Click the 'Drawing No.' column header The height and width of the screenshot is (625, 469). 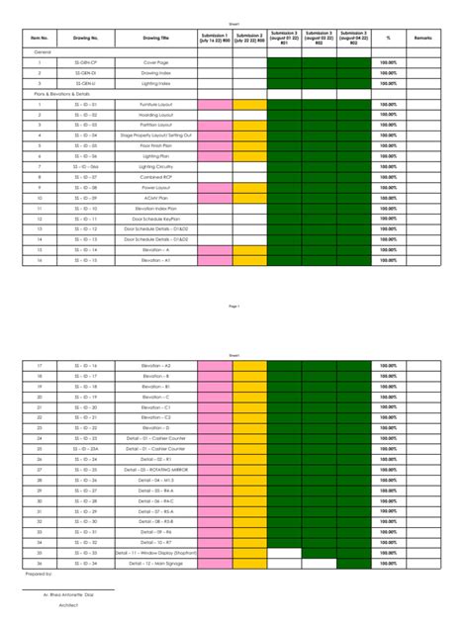tap(86, 38)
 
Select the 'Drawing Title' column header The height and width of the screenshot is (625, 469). tap(156, 38)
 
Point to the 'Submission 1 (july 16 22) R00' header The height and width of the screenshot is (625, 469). tap(215, 38)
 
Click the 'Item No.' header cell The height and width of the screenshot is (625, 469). tap(40, 38)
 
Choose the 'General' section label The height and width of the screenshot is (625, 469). tap(43, 50)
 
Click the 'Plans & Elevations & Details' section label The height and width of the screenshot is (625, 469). tap(61, 94)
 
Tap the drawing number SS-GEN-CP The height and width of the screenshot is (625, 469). tap(86, 61)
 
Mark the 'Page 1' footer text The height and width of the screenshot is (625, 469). tap(234, 307)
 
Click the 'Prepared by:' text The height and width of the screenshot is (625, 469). tap(40, 574)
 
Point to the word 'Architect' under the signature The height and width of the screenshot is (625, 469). tap(68, 603)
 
